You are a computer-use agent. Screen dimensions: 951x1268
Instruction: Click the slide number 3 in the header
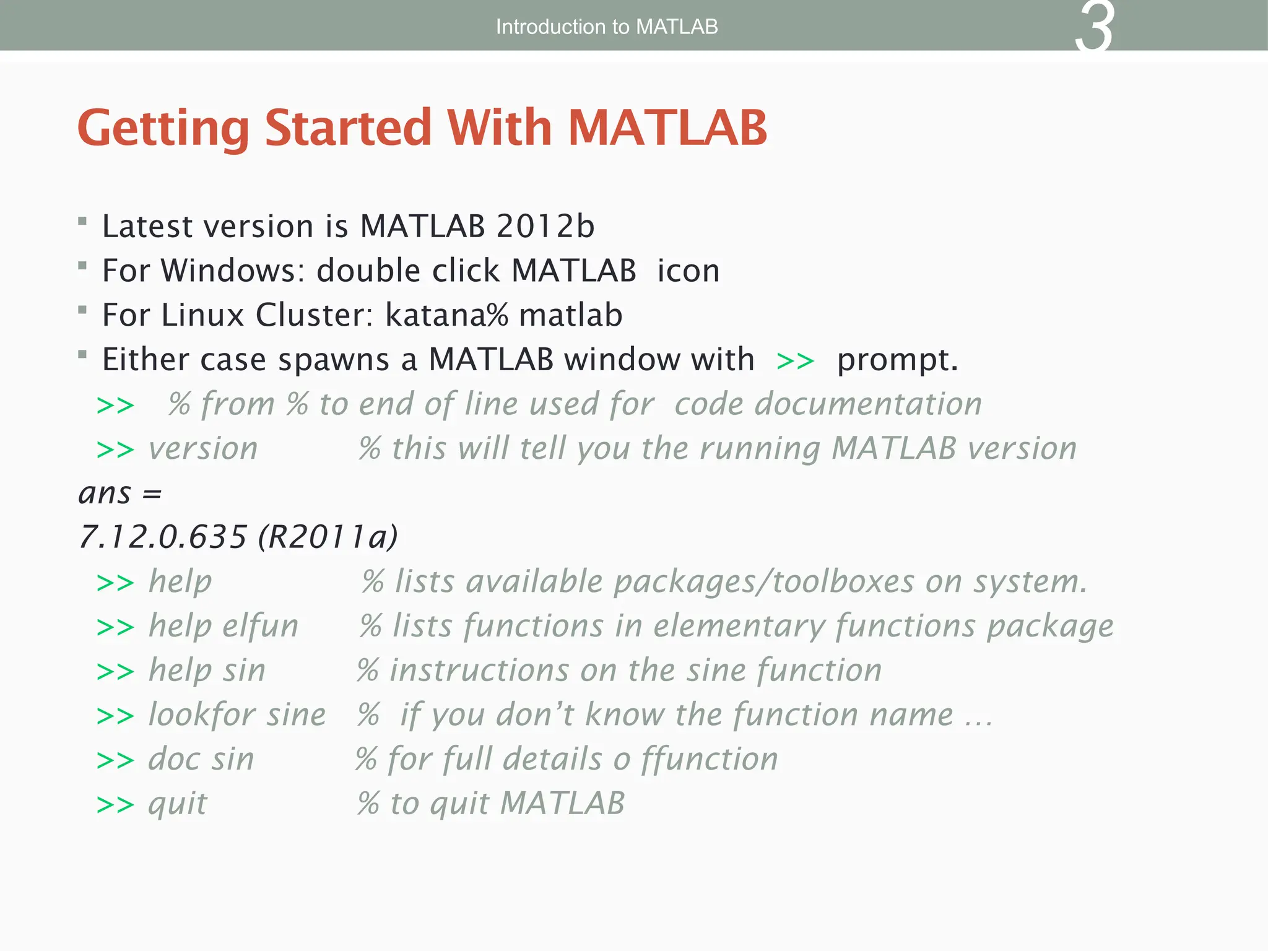point(1094,28)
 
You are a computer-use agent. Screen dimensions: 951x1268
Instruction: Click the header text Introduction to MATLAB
point(607,27)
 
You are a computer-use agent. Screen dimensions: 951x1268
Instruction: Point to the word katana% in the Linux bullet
point(446,315)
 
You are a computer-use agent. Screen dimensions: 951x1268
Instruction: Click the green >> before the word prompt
point(795,360)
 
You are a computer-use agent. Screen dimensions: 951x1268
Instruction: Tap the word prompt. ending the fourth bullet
point(897,360)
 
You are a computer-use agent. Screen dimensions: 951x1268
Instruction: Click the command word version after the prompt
point(203,448)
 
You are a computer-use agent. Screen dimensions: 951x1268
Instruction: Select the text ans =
point(120,493)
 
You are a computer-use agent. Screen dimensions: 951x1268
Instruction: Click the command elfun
point(261,626)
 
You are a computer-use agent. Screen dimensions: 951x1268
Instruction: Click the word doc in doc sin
point(175,759)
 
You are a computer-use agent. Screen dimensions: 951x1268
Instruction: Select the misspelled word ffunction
point(710,759)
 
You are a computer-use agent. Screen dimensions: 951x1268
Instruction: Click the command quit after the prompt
point(178,804)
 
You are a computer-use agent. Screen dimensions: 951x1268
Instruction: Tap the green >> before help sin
point(115,672)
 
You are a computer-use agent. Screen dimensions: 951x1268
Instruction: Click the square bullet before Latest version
point(82,221)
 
